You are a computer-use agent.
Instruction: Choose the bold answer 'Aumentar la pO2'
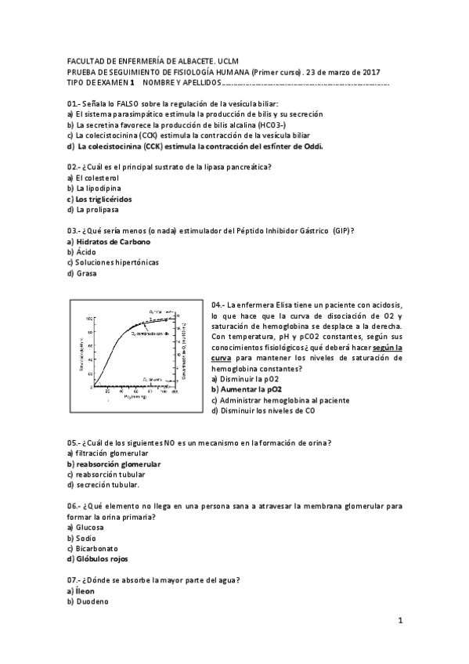coord(251,389)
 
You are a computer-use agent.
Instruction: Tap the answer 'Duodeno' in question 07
coord(92,601)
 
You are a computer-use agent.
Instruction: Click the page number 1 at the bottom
coord(399,621)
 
